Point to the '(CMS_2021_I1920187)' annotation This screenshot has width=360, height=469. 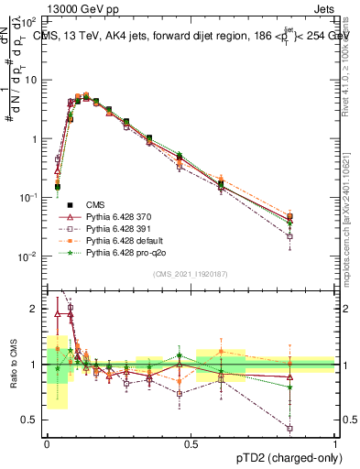(190, 273)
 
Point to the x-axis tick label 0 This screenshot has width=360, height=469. (47, 443)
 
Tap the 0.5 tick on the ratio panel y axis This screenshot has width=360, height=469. (32, 420)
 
